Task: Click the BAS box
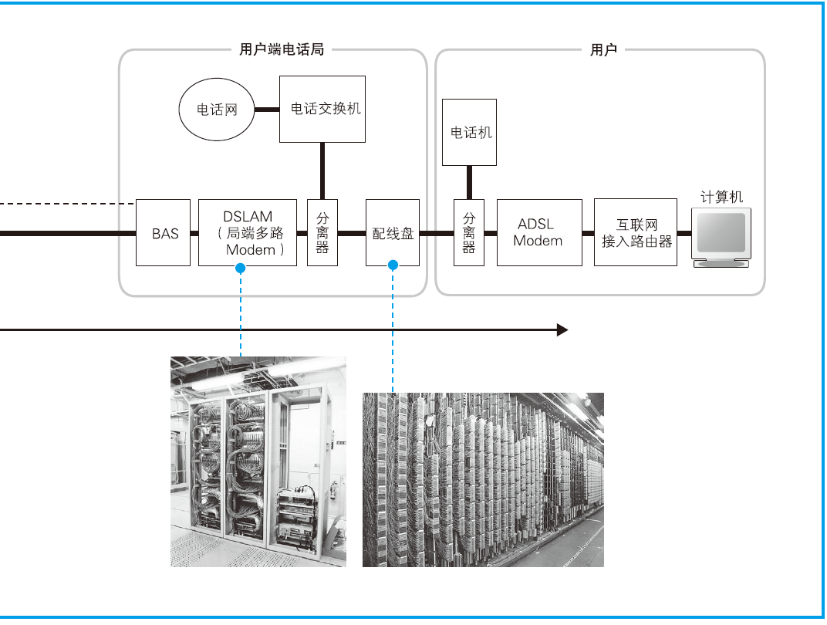164,232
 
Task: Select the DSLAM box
247,232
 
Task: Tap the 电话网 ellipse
218,110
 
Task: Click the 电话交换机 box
322,109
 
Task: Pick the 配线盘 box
393,232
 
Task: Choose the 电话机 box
469,132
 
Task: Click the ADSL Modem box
539,232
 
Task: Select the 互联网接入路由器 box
636,232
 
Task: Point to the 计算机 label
721,197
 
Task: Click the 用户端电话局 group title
281,50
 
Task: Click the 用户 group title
603,50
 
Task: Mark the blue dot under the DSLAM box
241,268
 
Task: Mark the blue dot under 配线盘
393,265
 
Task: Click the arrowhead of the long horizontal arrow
562,330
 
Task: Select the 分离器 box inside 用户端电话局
322,232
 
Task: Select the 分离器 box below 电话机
469,232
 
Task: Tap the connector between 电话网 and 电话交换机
267,110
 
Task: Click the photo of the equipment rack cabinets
258,461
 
